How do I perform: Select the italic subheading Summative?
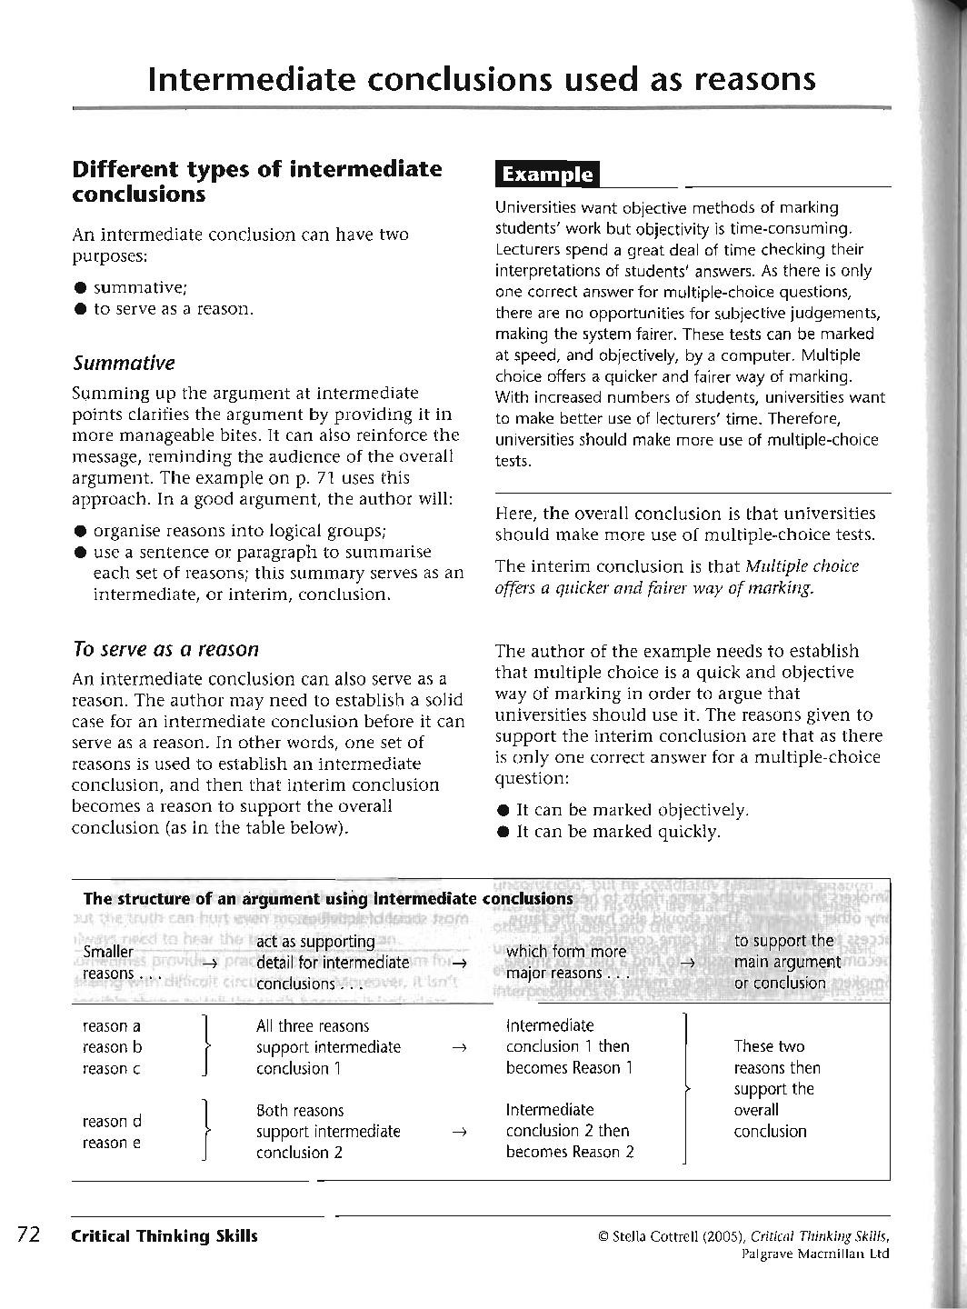[x=124, y=363]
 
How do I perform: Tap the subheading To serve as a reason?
[x=165, y=649]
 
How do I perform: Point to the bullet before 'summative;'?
[x=81, y=288]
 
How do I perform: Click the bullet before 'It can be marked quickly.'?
[x=503, y=832]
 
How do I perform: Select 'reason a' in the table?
[x=111, y=1026]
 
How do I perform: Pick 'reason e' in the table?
[x=111, y=1143]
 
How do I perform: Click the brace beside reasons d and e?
[x=208, y=1131]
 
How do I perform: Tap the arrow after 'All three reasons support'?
[x=459, y=1047]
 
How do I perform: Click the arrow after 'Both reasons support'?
[x=459, y=1132]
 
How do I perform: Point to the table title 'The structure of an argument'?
[x=327, y=899]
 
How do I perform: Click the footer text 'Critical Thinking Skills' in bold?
[x=164, y=1235]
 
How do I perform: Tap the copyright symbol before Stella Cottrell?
[x=603, y=1235]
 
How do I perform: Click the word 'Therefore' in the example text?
[x=803, y=418]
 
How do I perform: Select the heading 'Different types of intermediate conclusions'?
[x=257, y=181]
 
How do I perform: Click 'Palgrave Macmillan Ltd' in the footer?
[x=814, y=1254]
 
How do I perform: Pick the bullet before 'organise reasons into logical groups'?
[x=81, y=531]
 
